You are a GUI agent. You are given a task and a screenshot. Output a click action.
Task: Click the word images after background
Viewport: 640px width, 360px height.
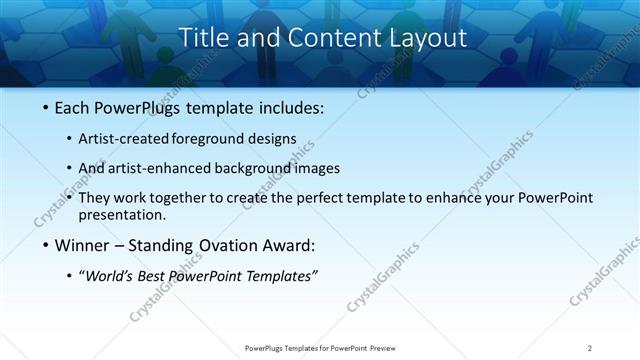click(x=318, y=168)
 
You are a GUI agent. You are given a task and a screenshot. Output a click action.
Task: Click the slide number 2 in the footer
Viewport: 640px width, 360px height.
click(x=589, y=348)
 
